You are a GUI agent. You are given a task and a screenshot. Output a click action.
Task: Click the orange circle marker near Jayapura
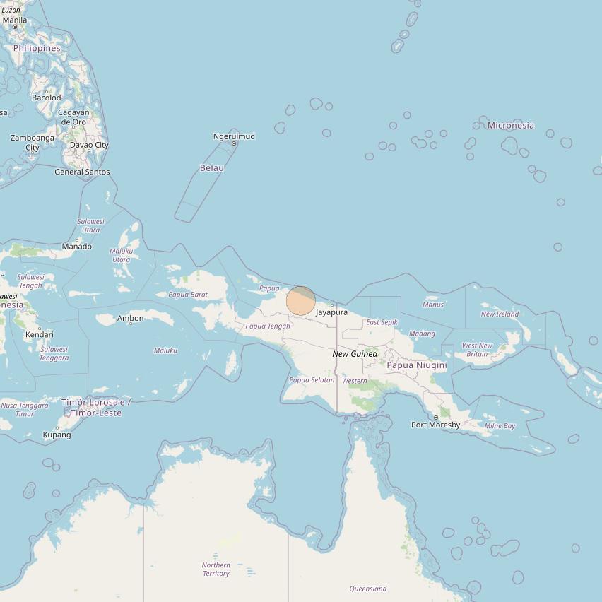(x=301, y=300)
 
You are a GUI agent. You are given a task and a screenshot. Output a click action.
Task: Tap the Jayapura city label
(x=331, y=312)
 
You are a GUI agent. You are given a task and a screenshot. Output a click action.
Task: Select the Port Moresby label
(x=436, y=425)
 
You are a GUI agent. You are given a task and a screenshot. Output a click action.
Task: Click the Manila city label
(x=15, y=20)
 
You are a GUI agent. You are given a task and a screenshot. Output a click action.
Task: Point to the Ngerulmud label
(x=234, y=136)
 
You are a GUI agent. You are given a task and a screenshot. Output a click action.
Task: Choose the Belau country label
(x=212, y=168)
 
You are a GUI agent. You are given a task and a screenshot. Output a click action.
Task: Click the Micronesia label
(x=511, y=126)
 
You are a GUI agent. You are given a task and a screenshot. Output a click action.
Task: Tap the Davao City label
(x=89, y=145)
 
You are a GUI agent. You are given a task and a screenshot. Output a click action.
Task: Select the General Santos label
(x=82, y=172)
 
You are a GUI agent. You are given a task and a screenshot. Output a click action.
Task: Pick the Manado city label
(x=76, y=247)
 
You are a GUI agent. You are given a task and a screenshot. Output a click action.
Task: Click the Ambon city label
(x=131, y=319)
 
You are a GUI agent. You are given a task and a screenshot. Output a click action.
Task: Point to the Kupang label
(x=57, y=435)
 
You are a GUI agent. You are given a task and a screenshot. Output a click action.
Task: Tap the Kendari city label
(x=40, y=334)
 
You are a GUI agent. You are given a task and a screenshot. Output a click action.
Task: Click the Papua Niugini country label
(x=417, y=365)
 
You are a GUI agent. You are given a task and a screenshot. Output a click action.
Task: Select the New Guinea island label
(x=355, y=354)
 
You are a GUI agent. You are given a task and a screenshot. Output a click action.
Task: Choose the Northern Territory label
(x=216, y=569)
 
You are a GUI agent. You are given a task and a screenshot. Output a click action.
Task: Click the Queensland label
(x=368, y=589)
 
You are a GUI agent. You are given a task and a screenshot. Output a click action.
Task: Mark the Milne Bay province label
(x=500, y=426)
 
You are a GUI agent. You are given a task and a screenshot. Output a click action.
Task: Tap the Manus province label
(x=433, y=305)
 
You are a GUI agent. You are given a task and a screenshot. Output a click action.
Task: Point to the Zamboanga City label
(x=33, y=143)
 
